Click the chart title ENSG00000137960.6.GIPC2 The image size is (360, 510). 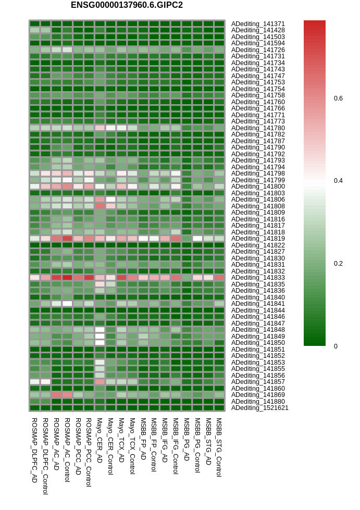127,5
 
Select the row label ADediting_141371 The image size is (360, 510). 258,24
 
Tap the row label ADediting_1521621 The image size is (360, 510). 259,408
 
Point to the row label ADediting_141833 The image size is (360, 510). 258,278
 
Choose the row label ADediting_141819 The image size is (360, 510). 258,239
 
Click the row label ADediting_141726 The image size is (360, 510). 258,50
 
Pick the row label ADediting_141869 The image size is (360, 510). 258,395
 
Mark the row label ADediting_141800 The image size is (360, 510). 258,186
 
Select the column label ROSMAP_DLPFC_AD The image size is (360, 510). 34,450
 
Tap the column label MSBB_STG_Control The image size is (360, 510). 219,447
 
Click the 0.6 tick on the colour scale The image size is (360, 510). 338,98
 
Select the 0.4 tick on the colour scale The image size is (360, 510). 338,181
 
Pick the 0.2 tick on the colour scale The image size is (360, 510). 338,264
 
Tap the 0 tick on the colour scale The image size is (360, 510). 336,346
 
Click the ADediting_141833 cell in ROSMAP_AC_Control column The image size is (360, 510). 67,278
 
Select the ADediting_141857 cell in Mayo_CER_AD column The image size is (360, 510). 100,382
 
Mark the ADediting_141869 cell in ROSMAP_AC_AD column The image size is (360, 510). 56,395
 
